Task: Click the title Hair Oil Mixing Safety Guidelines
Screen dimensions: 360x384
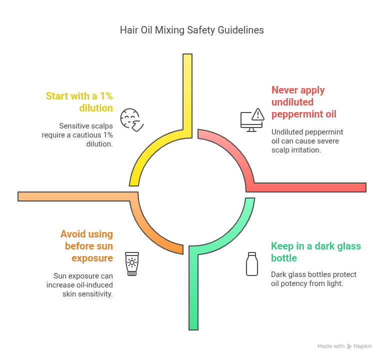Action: (192, 30)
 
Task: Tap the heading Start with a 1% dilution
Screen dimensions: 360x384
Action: (79, 101)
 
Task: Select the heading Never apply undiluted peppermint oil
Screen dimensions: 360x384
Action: (303, 102)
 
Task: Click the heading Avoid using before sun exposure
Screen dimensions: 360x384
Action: (86, 246)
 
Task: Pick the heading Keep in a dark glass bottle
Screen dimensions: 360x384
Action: (315, 252)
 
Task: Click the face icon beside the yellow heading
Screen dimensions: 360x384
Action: (132, 119)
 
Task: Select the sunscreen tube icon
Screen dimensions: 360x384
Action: (131, 264)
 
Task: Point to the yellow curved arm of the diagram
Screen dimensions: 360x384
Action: (150, 150)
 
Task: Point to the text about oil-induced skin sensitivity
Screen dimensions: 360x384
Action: (83, 284)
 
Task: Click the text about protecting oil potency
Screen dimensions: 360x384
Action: (313, 278)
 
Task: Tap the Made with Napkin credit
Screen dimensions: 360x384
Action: (344, 346)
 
